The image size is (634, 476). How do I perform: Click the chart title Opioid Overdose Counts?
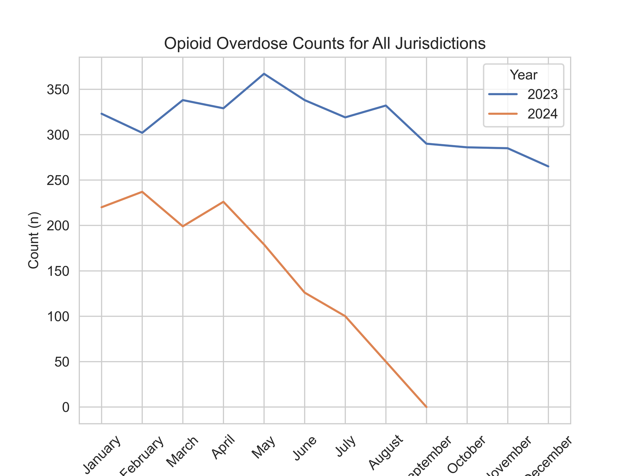(x=325, y=44)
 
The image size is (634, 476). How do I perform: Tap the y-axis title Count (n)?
(x=34, y=240)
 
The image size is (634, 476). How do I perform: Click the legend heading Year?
(x=524, y=75)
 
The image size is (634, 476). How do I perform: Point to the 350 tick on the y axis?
(x=58, y=89)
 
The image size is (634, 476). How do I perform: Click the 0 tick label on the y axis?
(x=66, y=407)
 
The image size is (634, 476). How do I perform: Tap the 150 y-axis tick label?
(x=58, y=271)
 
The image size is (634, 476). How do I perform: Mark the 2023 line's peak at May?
(x=264, y=74)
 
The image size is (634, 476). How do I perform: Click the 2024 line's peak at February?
(x=142, y=192)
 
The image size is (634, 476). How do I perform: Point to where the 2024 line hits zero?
(x=426, y=407)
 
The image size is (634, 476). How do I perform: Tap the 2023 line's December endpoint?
(x=548, y=166)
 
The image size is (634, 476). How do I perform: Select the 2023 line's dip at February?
(x=142, y=133)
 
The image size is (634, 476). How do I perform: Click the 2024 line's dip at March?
(x=183, y=226)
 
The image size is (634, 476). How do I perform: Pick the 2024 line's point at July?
(x=345, y=316)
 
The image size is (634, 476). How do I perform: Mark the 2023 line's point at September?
(x=426, y=144)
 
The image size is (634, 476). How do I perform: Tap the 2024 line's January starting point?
(x=101, y=207)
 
